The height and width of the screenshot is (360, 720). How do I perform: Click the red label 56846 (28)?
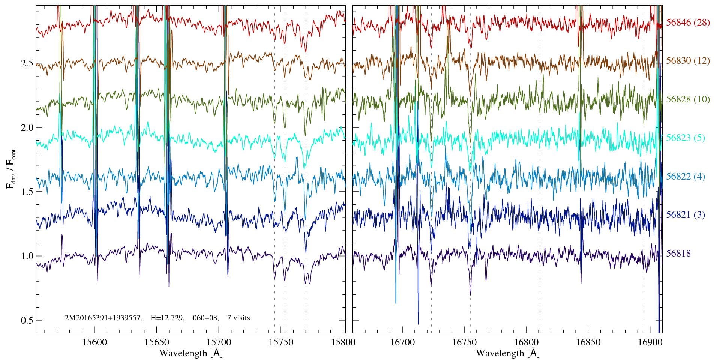click(x=688, y=22)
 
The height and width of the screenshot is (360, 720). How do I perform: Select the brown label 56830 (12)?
click(x=688, y=61)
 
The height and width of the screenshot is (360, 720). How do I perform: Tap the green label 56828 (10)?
click(x=688, y=99)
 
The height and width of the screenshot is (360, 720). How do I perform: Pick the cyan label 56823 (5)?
click(x=685, y=138)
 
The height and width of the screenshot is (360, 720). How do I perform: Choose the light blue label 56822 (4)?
click(x=685, y=177)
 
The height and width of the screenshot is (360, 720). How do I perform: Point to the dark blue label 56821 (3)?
click(x=685, y=215)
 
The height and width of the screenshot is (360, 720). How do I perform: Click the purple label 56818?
click(x=678, y=253)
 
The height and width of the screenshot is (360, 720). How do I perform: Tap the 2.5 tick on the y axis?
click(x=27, y=63)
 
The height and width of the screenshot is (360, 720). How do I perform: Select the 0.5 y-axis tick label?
click(x=27, y=321)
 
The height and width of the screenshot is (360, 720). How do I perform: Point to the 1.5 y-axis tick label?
click(x=27, y=192)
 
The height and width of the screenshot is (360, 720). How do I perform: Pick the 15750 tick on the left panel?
click(x=282, y=342)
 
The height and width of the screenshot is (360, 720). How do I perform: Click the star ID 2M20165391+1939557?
click(x=103, y=318)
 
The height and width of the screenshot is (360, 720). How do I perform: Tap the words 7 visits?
click(x=238, y=318)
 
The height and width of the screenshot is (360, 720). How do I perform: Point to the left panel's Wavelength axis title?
click(x=190, y=353)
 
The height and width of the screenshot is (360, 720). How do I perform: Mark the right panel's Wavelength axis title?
click(x=507, y=353)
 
